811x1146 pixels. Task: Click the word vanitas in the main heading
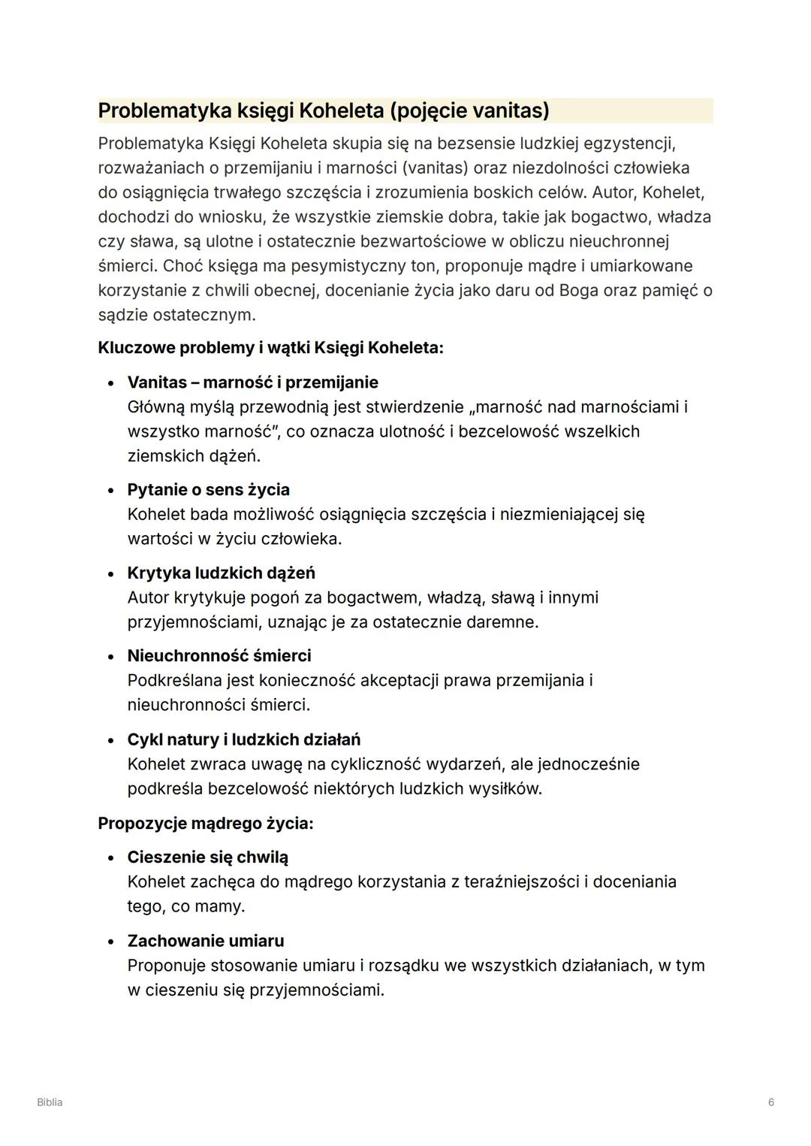coord(508,110)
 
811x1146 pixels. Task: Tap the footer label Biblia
coord(50,1102)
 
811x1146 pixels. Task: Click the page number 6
coord(771,1102)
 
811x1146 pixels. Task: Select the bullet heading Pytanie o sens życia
coord(208,490)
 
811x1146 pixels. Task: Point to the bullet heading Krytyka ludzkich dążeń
coord(221,573)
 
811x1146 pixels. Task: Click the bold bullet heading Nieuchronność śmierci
coord(219,656)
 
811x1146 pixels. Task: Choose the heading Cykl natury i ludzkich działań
coord(244,739)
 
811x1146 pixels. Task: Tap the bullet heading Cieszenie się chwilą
coord(207,857)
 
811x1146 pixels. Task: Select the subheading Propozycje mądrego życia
coord(205,824)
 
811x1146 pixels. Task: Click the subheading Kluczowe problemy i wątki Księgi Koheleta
coord(270,348)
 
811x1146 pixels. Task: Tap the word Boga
coord(578,290)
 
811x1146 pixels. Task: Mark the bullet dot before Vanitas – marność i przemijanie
coord(111,383)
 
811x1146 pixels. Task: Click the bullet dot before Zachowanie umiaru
coord(111,942)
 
